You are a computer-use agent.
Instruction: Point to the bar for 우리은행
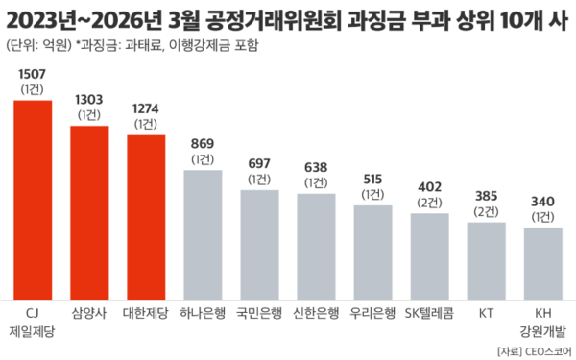pos(372,252)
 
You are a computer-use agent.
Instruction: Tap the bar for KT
pos(487,260)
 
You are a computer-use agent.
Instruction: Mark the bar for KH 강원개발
pos(543,263)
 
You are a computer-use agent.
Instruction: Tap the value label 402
pos(429,187)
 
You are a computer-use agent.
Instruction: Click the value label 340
pos(543,203)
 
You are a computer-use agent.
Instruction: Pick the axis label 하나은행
pos(203,313)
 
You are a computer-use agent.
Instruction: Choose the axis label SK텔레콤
pos(429,313)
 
